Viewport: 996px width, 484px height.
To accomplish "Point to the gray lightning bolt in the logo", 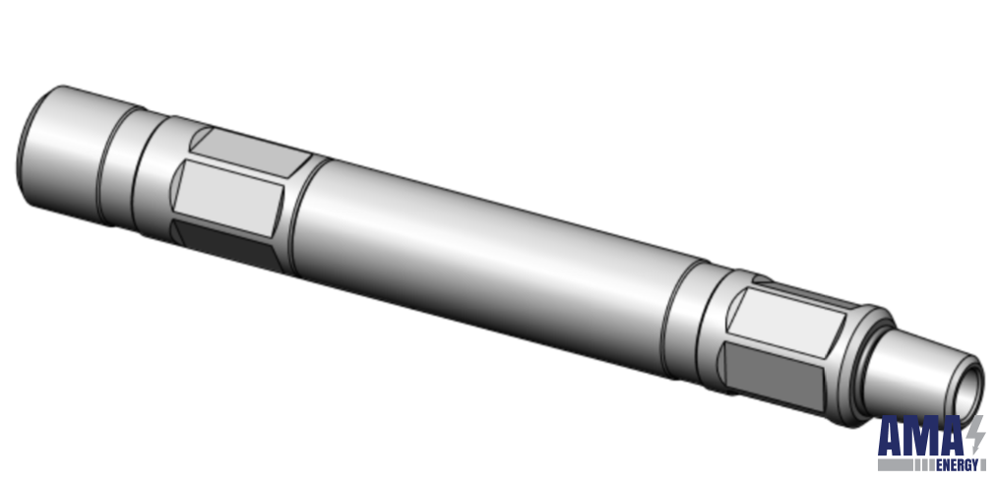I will point(976,433).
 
